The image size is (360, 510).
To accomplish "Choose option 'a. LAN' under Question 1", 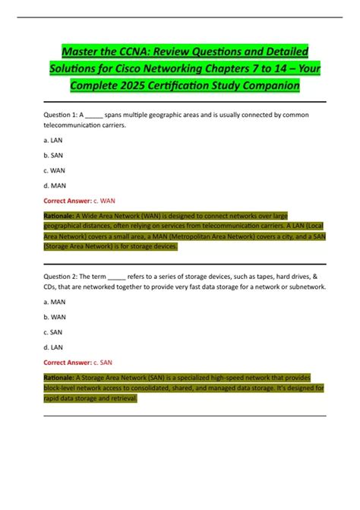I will click(x=52, y=141).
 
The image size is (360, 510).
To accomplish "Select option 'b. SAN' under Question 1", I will click(x=52, y=157).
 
